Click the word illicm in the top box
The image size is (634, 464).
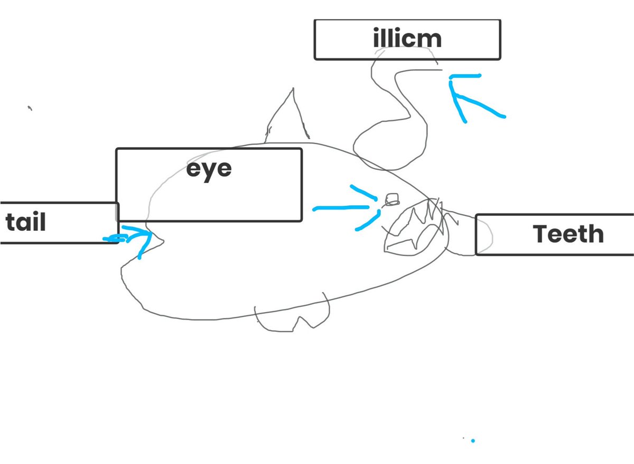pos(407,39)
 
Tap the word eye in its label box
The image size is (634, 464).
pos(209,170)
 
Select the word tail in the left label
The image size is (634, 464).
pos(26,223)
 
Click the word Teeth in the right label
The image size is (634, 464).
pos(568,234)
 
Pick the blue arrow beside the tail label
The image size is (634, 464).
pos(132,236)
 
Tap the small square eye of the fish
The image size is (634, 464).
pos(391,199)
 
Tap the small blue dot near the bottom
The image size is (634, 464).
pos(473,440)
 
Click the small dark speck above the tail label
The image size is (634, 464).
pos(30,108)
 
